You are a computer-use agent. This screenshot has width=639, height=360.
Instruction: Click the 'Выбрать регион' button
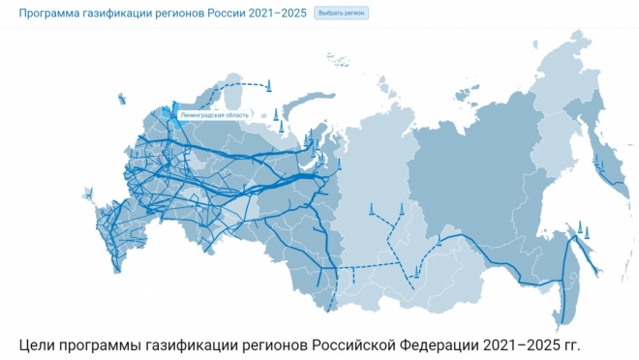point(341,14)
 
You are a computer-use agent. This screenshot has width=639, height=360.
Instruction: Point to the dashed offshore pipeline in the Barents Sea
point(237,88)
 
